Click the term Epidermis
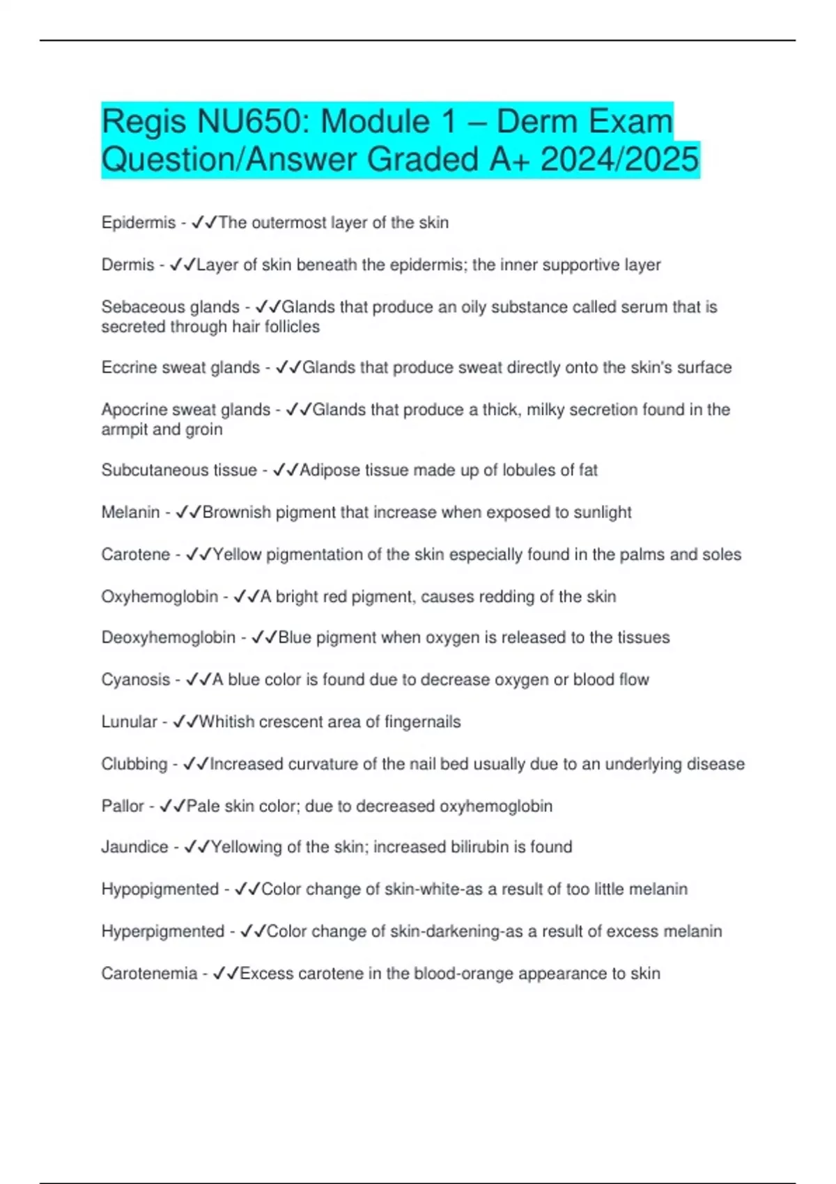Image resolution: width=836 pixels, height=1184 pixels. [x=138, y=223]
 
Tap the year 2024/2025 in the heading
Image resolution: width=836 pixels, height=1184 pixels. [x=619, y=159]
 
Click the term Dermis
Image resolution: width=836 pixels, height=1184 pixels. [x=127, y=265]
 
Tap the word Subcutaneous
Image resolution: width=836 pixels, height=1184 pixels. [x=147, y=470]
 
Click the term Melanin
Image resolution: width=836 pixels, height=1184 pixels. [x=130, y=513]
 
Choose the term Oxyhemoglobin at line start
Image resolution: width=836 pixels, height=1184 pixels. [x=160, y=597]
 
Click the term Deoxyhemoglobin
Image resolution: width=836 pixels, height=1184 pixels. [x=168, y=638]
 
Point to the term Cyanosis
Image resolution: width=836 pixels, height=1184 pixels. [x=135, y=680]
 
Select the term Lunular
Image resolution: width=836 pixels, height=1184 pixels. [x=129, y=722]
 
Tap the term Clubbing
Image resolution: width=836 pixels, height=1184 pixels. [x=134, y=764]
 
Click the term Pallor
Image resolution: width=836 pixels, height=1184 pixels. [x=123, y=807]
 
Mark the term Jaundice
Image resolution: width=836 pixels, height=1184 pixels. [x=134, y=848]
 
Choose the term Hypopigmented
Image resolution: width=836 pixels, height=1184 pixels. [x=160, y=889]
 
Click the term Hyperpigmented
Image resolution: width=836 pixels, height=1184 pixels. [x=162, y=932]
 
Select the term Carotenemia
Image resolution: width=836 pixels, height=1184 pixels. [x=149, y=974]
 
